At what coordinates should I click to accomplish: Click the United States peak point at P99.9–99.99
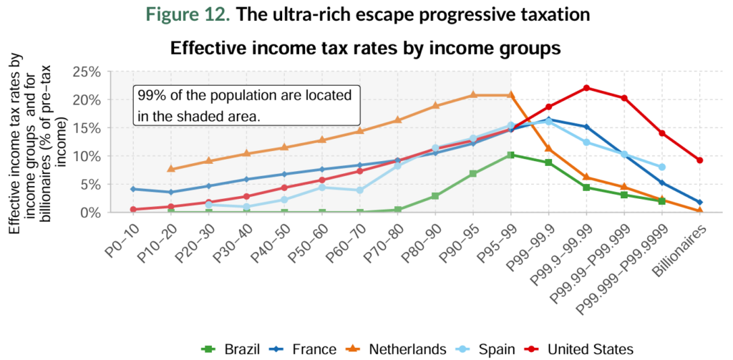tap(586, 88)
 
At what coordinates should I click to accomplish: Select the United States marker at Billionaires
tap(699, 160)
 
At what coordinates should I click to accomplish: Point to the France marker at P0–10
tap(132, 189)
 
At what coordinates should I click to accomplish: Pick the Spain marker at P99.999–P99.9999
tap(662, 167)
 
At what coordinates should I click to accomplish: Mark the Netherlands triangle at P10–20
tap(170, 169)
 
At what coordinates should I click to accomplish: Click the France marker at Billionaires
tap(699, 203)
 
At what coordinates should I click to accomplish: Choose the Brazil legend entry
tap(229, 349)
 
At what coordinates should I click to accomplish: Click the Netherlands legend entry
tap(397, 349)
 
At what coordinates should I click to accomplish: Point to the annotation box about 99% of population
tap(246, 105)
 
